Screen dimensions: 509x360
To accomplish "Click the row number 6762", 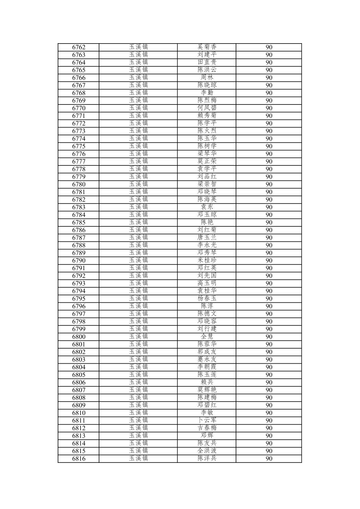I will click(x=79, y=47).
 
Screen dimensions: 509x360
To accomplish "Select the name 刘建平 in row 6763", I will click(x=207, y=55).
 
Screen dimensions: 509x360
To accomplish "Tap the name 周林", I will click(x=207, y=78).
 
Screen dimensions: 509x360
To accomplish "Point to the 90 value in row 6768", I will click(x=269, y=93).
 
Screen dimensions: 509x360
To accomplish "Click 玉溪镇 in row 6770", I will click(x=138, y=108).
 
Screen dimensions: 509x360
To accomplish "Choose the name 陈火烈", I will click(x=207, y=131).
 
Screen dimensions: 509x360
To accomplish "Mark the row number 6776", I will click(x=79, y=154).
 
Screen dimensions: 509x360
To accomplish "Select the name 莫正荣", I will click(x=207, y=161).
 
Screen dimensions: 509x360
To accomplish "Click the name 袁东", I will click(x=207, y=207).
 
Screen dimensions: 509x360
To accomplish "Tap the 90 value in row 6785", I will click(x=269, y=223).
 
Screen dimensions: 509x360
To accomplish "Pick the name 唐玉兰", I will click(x=207, y=238).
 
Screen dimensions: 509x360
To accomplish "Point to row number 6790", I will click(x=79, y=261).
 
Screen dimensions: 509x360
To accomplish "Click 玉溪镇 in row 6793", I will click(x=138, y=283).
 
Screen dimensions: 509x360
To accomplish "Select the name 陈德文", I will click(x=207, y=314).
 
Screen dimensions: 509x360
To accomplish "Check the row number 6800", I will click(x=79, y=337).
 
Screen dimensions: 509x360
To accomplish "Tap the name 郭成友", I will click(x=207, y=352).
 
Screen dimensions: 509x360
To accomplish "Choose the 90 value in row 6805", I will click(x=269, y=375).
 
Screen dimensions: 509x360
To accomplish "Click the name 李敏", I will click(x=207, y=413).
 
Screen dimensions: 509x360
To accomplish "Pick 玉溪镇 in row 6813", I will click(x=138, y=436).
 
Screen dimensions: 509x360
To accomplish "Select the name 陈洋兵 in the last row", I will click(x=207, y=458).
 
